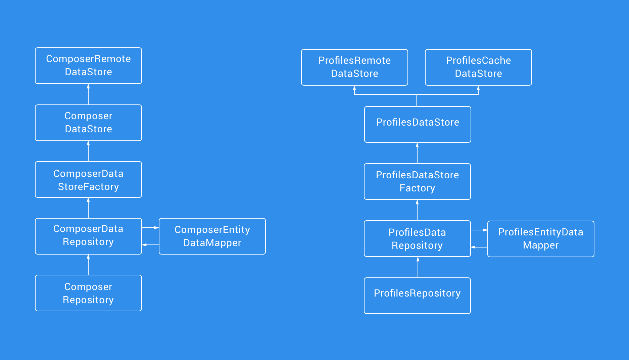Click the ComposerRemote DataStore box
88,65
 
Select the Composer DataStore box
88,123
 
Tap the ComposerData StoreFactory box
88,180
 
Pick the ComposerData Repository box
88,236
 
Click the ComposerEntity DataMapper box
212,236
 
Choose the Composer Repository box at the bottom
88,293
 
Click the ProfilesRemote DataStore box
354,67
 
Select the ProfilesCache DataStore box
478,67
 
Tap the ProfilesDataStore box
418,124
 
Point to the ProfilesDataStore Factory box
417,181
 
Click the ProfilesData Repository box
417,238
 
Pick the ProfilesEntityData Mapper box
541,239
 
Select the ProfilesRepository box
417,296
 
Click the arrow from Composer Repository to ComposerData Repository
88,265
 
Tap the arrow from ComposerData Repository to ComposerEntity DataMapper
150,228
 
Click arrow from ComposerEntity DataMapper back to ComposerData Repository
150,245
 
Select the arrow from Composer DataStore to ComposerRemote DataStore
88,94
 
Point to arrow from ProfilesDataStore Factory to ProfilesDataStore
417,153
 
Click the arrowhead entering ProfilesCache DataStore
478,88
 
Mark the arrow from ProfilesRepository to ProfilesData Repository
418,267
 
